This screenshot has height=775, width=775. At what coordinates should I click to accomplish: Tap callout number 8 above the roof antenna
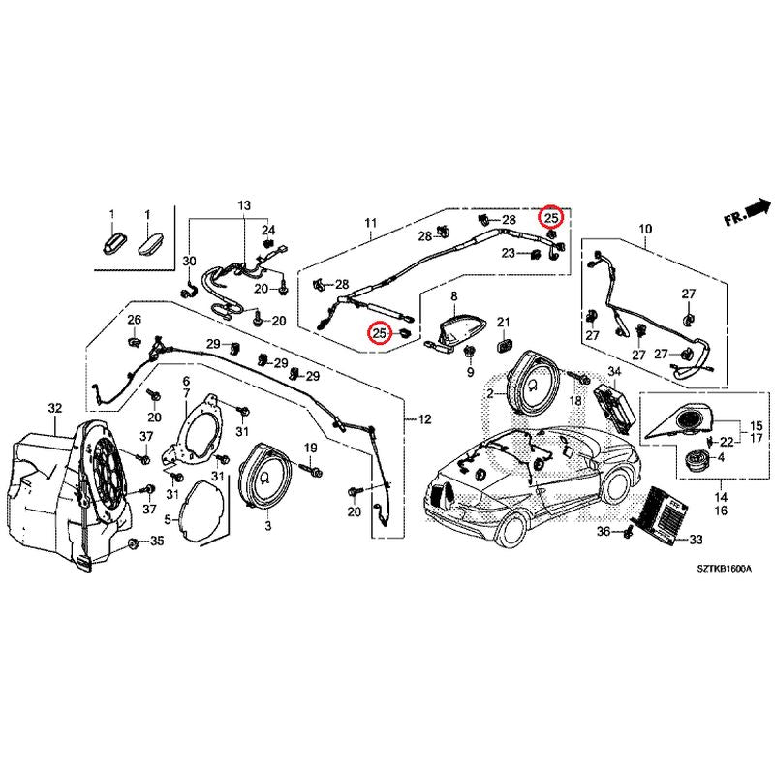pyautogui.click(x=453, y=295)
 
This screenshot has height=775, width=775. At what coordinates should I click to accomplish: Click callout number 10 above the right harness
pyautogui.click(x=645, y=230)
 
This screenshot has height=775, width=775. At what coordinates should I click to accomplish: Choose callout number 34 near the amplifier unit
pyautogui.click(x=613, y=373)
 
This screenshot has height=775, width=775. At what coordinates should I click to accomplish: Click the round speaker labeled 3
pyautogui.click(x=266, y=476)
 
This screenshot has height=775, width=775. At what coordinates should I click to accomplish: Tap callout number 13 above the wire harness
pyautogui.click(x=243, y=206)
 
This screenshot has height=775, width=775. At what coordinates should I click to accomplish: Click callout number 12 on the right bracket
pyautogui.click(x=423, y=418)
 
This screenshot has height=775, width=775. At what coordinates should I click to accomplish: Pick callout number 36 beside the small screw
pyautogui.click(x=602, y=532)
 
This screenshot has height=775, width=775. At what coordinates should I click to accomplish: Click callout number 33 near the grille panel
pyautogui.click(x=696, y=540)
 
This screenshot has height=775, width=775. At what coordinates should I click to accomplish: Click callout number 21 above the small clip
pyautogui.click(x=503, y=322)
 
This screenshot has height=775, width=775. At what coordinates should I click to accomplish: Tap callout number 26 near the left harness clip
pyautogui.click(x=134, y=320)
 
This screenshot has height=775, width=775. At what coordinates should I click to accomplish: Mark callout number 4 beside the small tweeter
pyautogui.click(x=720, y=457)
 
